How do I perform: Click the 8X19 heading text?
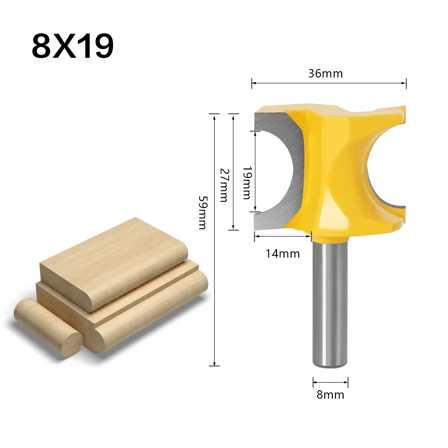[x=72, y=46]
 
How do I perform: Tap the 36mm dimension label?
[x=325, y=73]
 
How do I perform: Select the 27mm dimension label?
[x=223, y=185]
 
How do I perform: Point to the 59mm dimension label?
[x=202, y=212]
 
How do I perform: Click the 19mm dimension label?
[x=246, y=182]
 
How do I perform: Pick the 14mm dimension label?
[x=282, y=254]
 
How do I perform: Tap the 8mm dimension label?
[x=331, y=395]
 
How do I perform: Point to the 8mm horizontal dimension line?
[x=331, y=382]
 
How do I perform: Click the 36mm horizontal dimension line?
[x=329, y=83]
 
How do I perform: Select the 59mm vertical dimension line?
[x=215, y=269]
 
